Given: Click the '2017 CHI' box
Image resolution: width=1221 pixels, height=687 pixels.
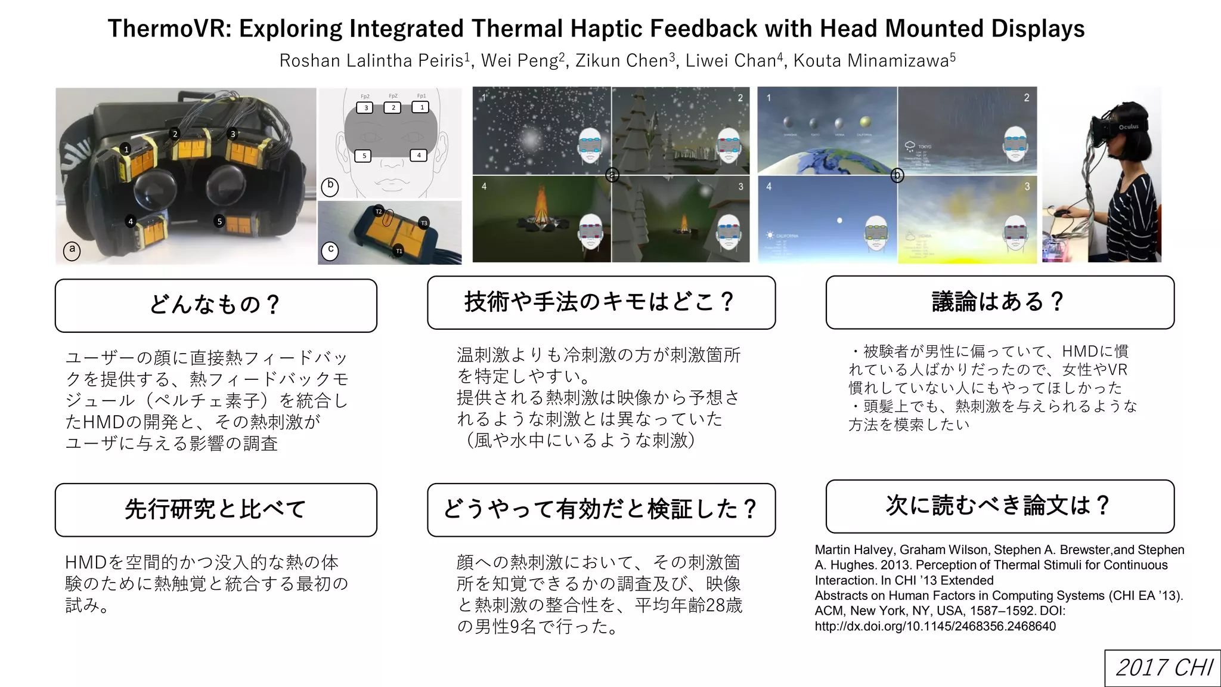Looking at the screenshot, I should coord(1163,667).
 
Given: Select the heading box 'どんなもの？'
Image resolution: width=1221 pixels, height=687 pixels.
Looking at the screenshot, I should coord(216,305).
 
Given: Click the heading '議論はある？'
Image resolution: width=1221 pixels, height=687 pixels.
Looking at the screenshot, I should coord(999,302).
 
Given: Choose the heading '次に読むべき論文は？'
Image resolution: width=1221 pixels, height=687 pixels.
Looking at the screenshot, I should coord(999,506).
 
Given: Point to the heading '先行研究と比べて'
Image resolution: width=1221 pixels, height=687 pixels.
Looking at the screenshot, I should coord(216,509).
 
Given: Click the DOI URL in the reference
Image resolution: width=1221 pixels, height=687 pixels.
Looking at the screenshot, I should coord(935,626).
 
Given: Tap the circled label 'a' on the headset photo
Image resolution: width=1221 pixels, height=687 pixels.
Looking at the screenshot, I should coord(72,249).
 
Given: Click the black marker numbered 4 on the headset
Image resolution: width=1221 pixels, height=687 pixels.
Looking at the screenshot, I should coord(131,221).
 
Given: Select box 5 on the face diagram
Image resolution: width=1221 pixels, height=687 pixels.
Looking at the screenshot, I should coord(364,156).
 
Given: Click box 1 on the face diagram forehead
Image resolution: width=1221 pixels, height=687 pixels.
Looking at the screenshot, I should coord(422,107).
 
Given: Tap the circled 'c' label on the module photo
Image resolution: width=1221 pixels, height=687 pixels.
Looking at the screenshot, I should coord(330,250).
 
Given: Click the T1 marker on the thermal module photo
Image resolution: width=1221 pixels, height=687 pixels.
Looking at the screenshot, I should coord(399,251).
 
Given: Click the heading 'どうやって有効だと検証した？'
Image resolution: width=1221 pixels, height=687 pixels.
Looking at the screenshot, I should coord(601,509).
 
